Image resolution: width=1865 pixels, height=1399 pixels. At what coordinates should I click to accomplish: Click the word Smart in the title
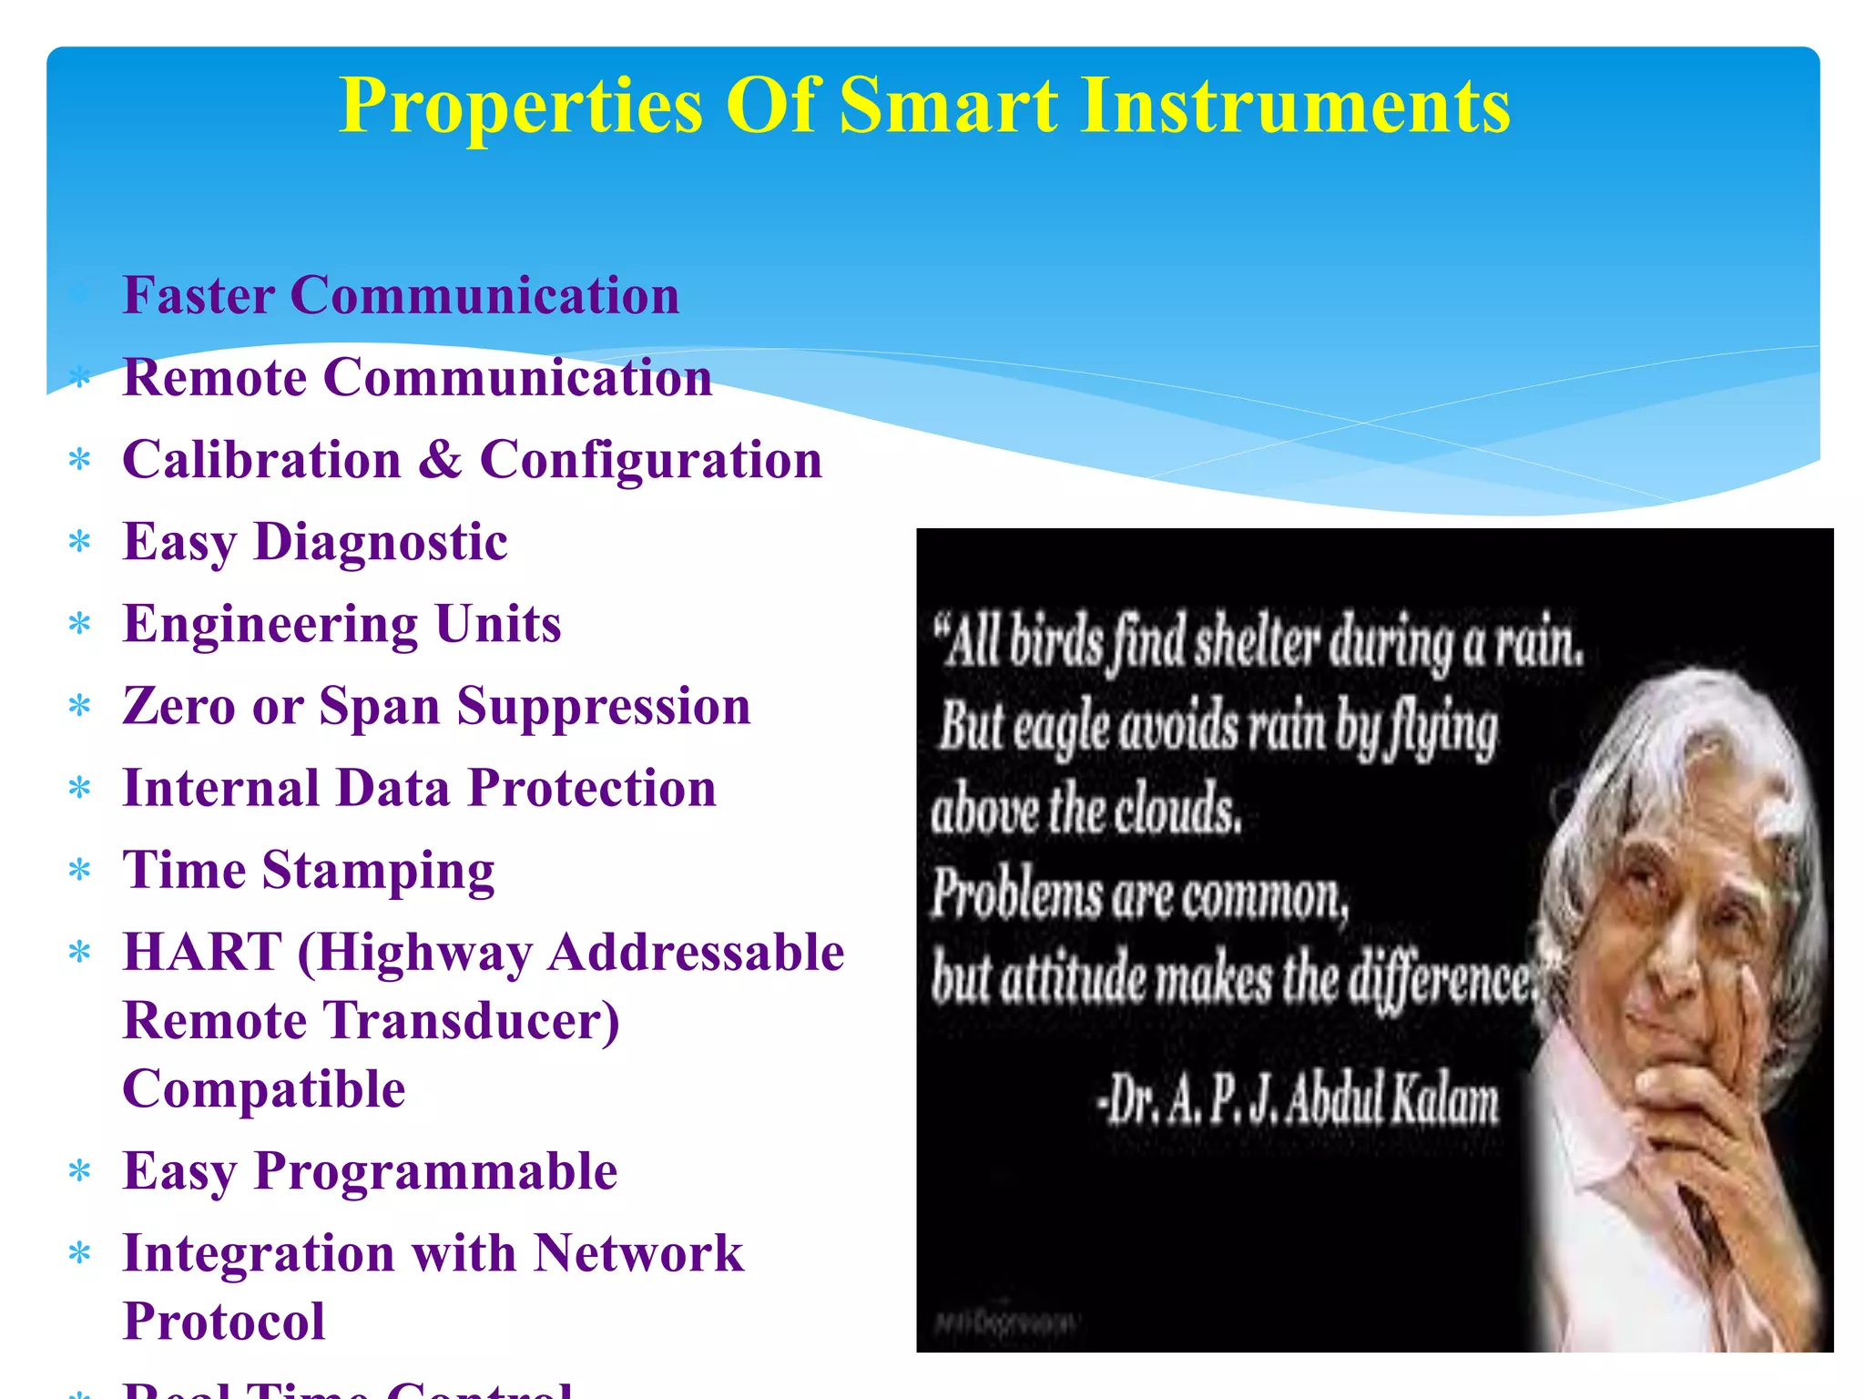pyautogui.click(x=948, y=106)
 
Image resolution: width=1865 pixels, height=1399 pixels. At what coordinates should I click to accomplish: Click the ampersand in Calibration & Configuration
pyautogui.click(x=441, y=459)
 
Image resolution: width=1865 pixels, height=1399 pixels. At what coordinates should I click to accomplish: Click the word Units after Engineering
pyautogui.click(x=498, y=625)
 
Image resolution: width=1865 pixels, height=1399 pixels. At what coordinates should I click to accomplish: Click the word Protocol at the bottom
pyautogui.click(x=224, y=1322)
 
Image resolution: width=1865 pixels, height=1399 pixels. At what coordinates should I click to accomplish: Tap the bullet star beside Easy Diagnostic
pyautogui.click(x=80, y=543)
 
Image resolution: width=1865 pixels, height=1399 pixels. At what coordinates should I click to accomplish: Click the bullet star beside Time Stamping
pyautogui.click(x=80, y=871)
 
